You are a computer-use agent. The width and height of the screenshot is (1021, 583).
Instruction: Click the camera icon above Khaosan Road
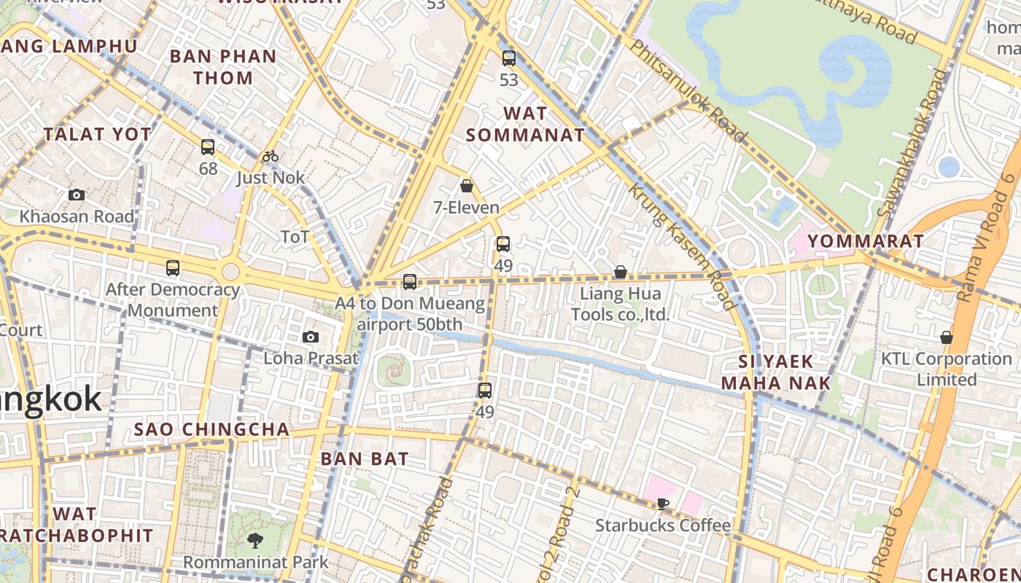pyautogui.click(x=77, y=195)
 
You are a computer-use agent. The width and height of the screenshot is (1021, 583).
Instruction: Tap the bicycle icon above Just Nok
pyautogui.click(x=271, y=156)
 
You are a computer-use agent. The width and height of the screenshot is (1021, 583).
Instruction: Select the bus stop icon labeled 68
pyautogui.click(x=208, y=147)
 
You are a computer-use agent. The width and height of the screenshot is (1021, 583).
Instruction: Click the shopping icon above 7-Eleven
pyautogui.click(x=467, y=186)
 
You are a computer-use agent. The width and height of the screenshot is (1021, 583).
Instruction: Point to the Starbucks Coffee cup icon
pyautogui.click(x=662, y=504)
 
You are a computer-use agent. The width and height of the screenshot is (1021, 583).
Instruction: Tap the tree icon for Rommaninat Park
pyautogui.click(x=255, y=541)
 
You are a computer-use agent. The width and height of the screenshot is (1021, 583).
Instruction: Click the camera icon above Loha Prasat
pyautogui.click(x=311, y=337)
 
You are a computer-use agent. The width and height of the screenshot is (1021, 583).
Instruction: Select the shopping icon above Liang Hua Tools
pyautogui.click(x=620, y=272)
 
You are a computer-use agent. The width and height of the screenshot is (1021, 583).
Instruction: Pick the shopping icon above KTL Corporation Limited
pyautogui.click(x=946, y=337)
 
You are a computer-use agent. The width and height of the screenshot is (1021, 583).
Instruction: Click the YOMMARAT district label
pyautogui.click(x=866, y=240)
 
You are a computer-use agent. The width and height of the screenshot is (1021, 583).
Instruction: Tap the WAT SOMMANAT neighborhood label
pyautogui.click(x=525, y=124)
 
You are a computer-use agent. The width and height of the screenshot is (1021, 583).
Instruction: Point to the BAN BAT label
pyautogui.click(x=365, y=458)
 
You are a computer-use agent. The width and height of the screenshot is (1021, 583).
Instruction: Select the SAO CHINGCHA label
pyautogui.click(x=211, y=429)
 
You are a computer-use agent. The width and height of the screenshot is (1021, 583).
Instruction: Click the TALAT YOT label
pyautogui.click(x=97, y=134)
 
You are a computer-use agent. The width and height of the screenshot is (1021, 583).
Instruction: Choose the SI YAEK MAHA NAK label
pyautogui.click(x=775, y=372)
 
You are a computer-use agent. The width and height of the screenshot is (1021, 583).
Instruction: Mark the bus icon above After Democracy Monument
pyautogui.click(x=173, y=268)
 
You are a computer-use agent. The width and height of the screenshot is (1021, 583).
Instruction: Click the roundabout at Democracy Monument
pyautogui.click(x=230, y=272)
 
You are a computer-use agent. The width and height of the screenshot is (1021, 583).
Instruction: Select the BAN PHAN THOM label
pyautogui.click(x=222, y=67)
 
